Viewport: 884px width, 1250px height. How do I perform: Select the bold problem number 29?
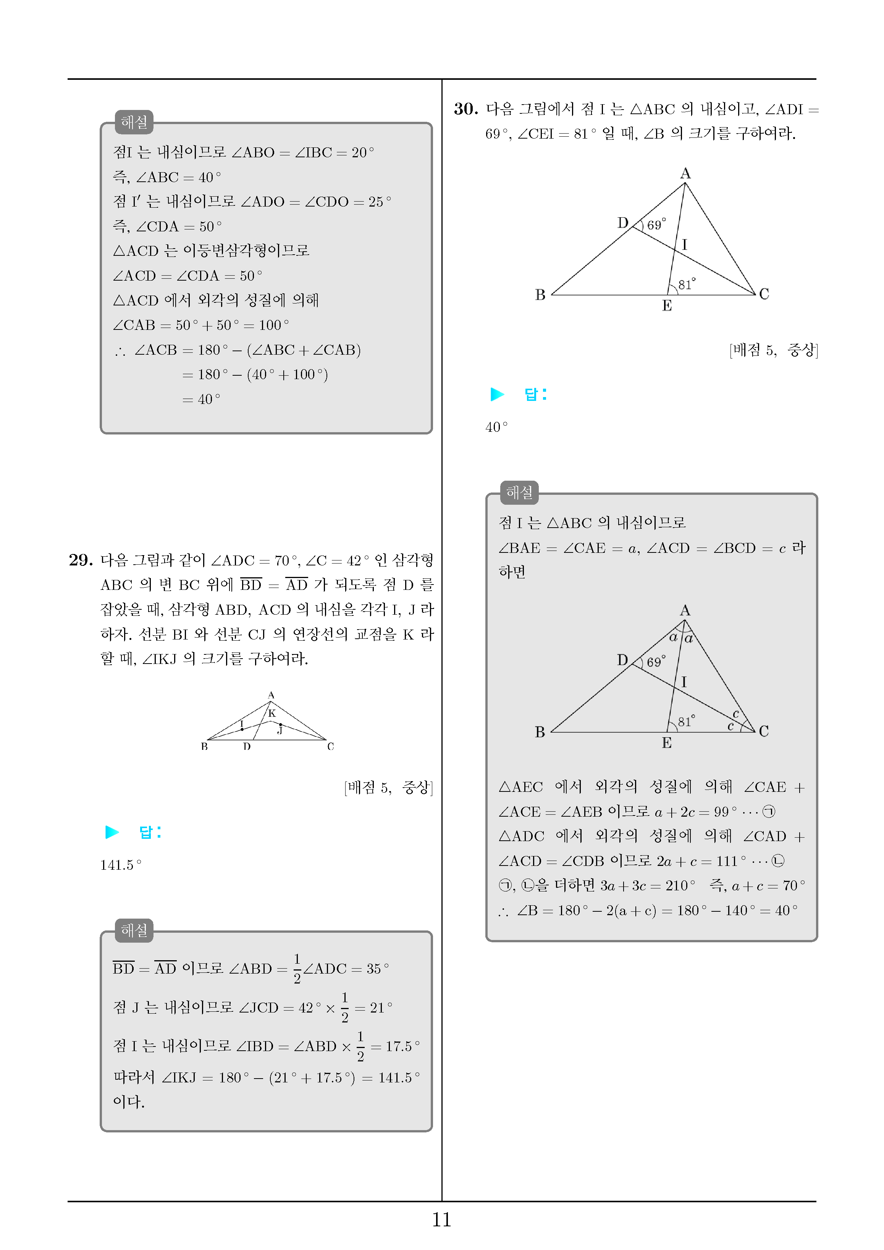click(x=81, y=560)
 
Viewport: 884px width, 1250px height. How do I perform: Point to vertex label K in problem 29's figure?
click(x=272, y=713)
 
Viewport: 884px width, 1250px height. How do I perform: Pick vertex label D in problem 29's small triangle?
click(x=247, y=746)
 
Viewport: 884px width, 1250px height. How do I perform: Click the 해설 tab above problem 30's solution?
click(x=519, y=493)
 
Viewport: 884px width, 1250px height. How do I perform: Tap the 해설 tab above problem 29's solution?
click(x=134, y=930)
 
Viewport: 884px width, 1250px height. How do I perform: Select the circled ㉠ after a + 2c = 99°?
click(x=769, y=812)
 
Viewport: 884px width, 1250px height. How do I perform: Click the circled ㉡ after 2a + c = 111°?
click(x=778, y=861)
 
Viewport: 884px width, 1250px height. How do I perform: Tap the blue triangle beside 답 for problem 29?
click(x=112, y=832)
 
